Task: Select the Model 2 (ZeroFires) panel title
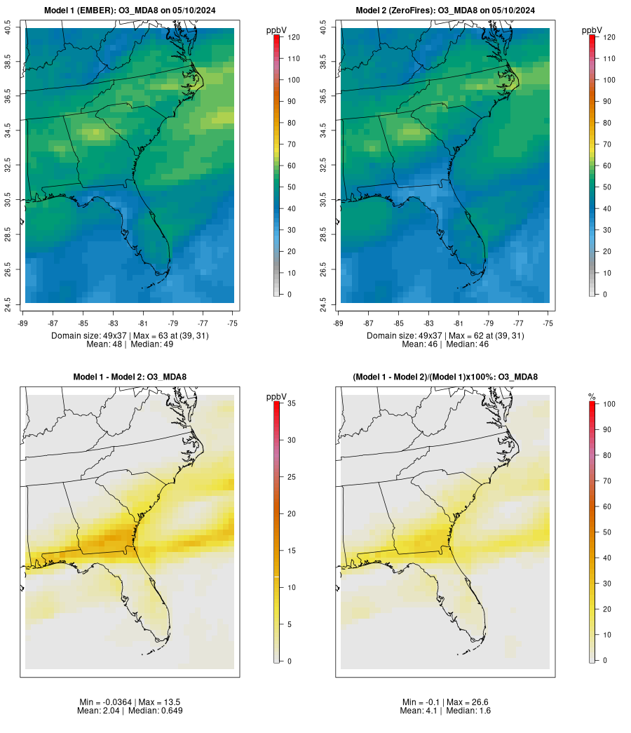pyautogui.click(x=445, y=11)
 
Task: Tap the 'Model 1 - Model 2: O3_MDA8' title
pyautogui.click(x=130, y=377)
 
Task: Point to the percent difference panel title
pyautogui.click(x=445, y=377)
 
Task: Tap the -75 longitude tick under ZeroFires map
pyautogui.click(x=548, y=323)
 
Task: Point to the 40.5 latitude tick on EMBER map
pyautogui.click(x=8, y=28)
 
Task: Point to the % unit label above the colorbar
pyautogui.click(x=592, y=397)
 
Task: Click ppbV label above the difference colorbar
pyautogui.click(x=277, y=397)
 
